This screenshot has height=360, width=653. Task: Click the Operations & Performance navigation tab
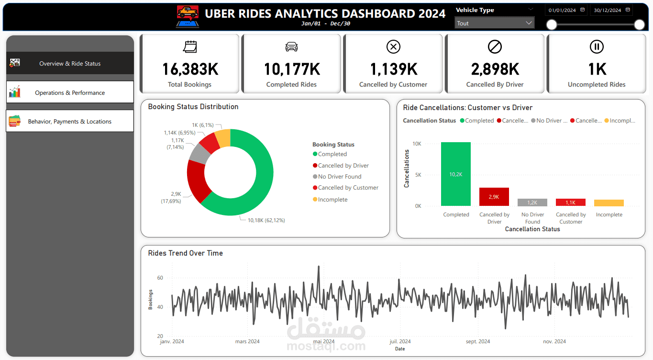coord(70,92)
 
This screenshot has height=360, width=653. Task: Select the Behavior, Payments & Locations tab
coord(70,122)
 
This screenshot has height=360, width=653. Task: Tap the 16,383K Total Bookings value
coord(190,69)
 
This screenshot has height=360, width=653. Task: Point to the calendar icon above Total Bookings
coord(190,46)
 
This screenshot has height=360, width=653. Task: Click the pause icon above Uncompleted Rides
coord(597,46)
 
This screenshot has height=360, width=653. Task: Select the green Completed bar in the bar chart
coord(455,174)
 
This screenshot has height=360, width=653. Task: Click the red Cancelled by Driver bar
coord(494,197)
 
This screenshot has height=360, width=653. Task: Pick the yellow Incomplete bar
coord(609,203)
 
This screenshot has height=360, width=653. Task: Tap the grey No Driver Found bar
coord(532,202)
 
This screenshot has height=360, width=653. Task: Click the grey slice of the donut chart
coord(199,153)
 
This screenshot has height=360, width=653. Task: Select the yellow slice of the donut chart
coord(223,137)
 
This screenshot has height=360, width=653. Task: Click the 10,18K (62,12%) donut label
coord(266,220)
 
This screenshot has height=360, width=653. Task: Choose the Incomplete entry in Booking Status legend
coord(332,200)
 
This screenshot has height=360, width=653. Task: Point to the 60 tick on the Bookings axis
coord(160,278)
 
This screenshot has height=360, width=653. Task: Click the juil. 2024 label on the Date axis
coord(400,341)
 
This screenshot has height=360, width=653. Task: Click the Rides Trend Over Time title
coord(185,253)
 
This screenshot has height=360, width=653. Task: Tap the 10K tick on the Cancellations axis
coord(417,144)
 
